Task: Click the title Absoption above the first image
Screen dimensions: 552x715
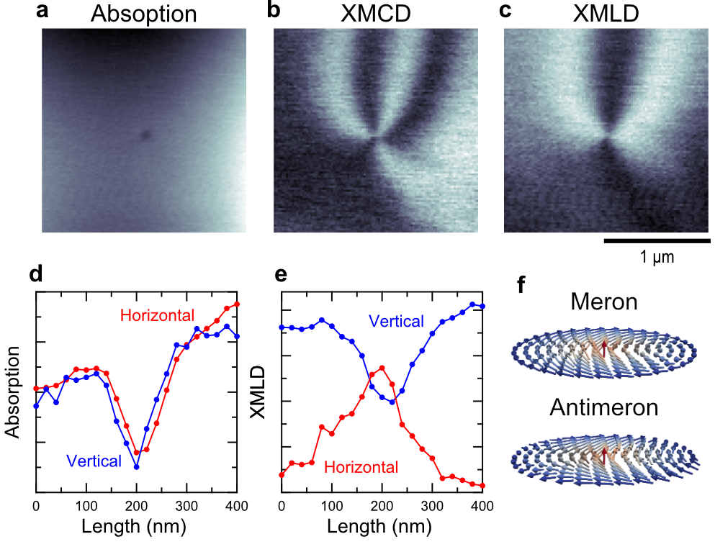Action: click(144, 14)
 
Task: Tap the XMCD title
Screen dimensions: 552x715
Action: click(375, 14)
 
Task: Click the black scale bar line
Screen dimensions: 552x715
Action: click(657, 240)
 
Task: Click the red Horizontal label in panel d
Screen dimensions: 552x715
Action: click(157, 315)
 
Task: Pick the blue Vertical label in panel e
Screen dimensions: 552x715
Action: click(396, 322)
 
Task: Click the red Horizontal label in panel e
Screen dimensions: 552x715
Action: click(361, 468)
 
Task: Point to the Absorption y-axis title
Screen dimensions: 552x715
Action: click(12, 392)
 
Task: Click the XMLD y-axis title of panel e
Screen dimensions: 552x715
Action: click(258, 392)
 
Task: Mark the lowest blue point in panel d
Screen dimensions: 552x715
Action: click(136, 467)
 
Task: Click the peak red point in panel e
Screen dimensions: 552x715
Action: click(382, 368)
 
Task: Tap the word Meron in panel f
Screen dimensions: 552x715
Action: click(603, 302)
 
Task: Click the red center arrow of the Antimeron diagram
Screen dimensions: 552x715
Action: click(604, 453)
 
